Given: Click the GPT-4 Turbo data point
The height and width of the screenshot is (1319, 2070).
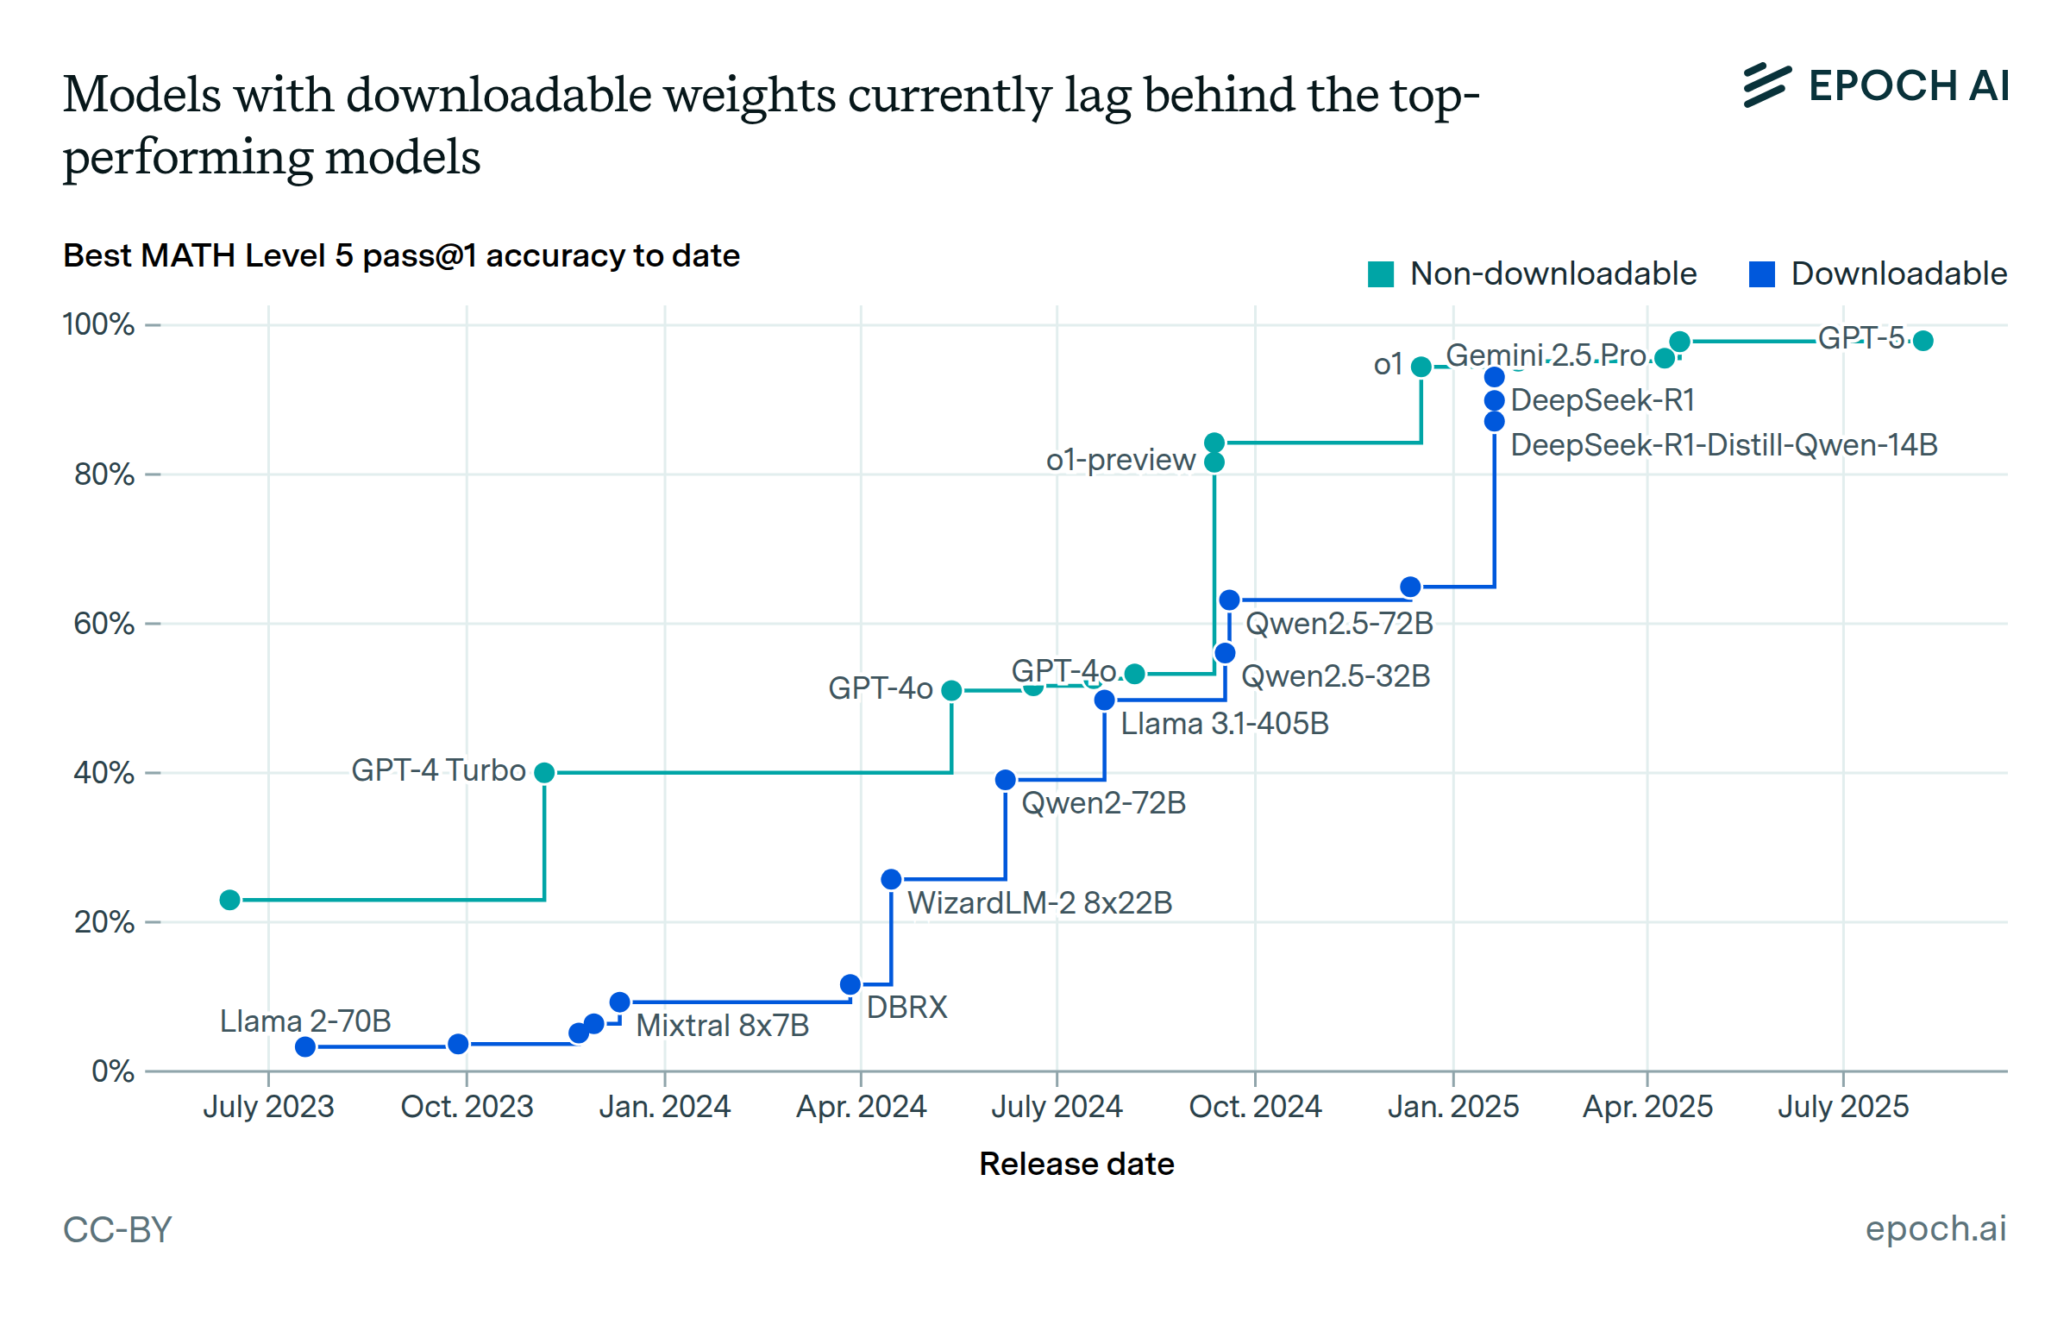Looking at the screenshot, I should (544, 772).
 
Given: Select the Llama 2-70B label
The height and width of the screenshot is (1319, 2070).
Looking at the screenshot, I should (305, 1021).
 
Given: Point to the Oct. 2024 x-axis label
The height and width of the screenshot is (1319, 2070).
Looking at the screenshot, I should (1255, 1106).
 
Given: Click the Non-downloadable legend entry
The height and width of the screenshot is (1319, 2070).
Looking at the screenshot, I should (1534, 274).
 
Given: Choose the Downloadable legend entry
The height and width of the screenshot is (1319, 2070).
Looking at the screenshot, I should (1879, 274).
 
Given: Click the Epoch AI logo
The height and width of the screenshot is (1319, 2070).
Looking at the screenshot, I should (1877, 85).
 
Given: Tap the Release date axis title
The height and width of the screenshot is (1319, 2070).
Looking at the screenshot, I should (1076, 1164).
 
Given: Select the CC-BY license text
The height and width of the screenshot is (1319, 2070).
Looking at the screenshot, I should (117, 1229).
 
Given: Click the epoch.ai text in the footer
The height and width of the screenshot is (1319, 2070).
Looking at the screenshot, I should (1935, 1228).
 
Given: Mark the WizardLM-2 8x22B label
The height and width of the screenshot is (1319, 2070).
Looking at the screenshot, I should (1039, 903).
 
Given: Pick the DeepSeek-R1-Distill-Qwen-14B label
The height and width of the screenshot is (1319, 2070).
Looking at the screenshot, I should (1724, 445).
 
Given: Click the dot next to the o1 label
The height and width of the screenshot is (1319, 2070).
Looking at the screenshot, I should (1421, 367).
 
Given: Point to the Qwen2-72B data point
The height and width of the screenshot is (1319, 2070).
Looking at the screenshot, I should (1006, 780).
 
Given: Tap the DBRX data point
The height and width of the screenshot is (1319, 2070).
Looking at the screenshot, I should (850, 984).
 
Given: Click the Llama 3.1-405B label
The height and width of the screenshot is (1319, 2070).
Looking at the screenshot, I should (1225, 724).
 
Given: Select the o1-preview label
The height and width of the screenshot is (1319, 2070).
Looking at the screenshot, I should (1120, 460).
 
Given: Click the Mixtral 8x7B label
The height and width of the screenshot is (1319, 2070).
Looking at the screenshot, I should (723, 1026).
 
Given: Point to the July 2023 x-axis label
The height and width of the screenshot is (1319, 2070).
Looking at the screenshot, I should (268, 1106).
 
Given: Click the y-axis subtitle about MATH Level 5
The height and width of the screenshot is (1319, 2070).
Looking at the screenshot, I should (401, 256).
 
